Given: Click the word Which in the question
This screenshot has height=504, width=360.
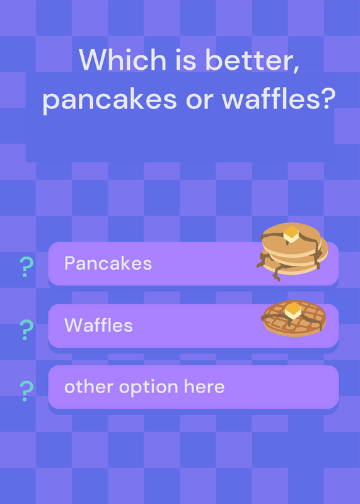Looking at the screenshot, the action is [x=122, y=59].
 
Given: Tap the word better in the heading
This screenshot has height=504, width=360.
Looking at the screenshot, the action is [x=247, y=59].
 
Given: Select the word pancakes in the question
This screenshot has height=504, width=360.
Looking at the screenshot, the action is [x=109, y=99].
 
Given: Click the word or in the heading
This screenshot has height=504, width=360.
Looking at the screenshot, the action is [x=199, y=100].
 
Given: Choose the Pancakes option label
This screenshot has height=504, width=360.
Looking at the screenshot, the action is [x=108, y=263].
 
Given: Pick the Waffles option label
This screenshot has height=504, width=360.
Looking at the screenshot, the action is [x=98, y=325].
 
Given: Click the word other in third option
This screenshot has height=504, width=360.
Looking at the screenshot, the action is [x=88, y=387].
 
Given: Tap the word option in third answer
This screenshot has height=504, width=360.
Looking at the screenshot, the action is [x=148, y=388].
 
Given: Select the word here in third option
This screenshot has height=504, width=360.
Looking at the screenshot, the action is [x=204, y=387].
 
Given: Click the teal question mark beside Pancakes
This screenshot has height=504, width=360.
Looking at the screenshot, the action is [x=26, y=266].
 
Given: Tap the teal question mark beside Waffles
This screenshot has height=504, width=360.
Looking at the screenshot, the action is [x=26, y=329].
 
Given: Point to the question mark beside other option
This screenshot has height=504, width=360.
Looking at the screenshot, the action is [x=26, y=391].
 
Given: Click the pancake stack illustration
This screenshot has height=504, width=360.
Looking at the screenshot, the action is [x=292, y=251].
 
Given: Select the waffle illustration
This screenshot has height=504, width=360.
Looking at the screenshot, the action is [x=294, y=318].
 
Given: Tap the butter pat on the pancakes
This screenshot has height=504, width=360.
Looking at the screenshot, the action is [x=291, y=234].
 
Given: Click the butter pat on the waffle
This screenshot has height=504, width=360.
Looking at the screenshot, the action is [x=293, y=311].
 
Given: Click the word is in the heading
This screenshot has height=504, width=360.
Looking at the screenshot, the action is [x=186, y=59].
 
